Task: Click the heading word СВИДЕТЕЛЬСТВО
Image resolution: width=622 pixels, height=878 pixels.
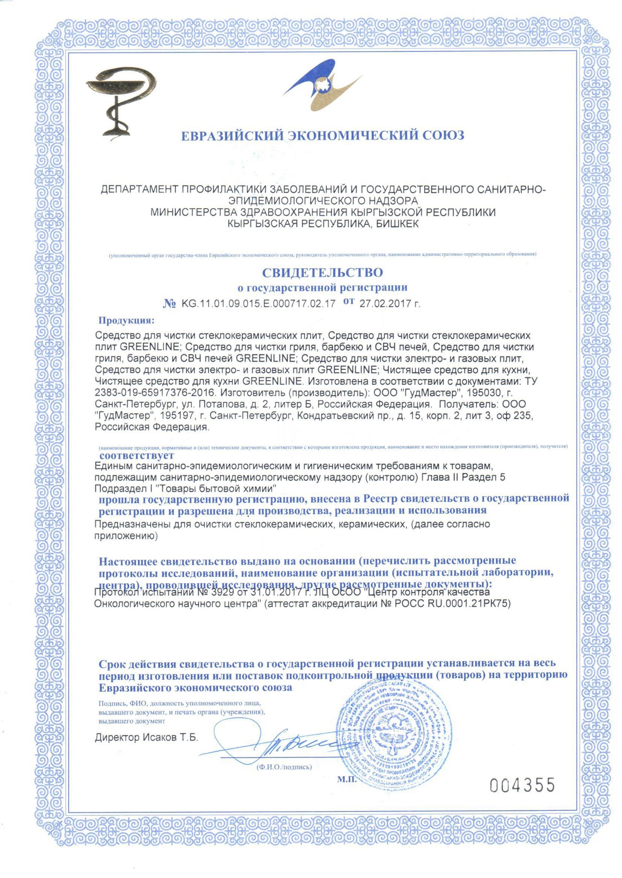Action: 322,273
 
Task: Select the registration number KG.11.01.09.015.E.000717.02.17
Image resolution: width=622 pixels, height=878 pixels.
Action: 258,304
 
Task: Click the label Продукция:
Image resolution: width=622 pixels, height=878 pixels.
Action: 127,320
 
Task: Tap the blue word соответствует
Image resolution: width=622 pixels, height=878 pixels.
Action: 137,455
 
